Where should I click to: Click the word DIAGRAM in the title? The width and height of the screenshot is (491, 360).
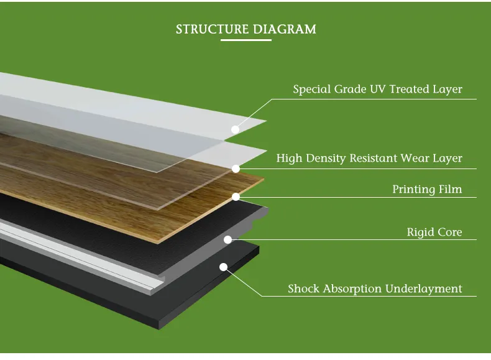tap(285, 29)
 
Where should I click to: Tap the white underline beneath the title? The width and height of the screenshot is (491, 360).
tap(246, 40)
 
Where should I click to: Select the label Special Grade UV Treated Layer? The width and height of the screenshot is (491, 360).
tap(377, 89)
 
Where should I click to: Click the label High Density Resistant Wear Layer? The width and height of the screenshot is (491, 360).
tap(369, 158)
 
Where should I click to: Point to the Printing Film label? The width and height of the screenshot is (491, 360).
tap(427, 189)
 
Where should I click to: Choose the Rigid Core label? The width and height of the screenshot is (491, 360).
tap(434, 233)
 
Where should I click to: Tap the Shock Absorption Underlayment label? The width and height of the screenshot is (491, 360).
tap(375, 288)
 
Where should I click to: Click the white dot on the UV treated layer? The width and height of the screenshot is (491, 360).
tap(235, 130)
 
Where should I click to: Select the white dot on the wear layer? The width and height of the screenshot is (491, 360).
tap(236, 168)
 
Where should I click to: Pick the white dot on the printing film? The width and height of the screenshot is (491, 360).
tap(236, 197)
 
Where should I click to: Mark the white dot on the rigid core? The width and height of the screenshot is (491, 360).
tap(227, 239)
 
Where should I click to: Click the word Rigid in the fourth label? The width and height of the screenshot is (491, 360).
tap(420, 233)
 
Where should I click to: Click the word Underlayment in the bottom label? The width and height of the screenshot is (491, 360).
tap(424, 288)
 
